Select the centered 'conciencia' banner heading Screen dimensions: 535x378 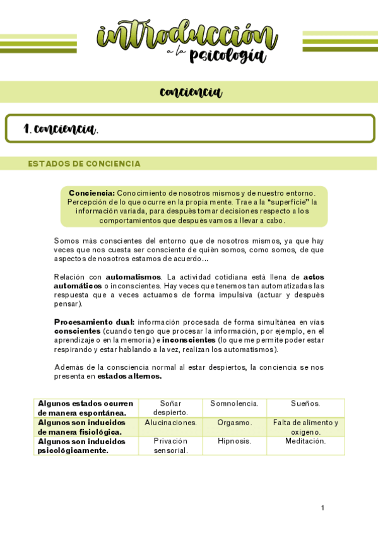[191, 92]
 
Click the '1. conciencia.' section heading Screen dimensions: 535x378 [61, 129]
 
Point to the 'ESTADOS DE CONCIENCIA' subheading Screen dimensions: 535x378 [84, 164]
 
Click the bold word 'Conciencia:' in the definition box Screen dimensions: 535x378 [92, 193]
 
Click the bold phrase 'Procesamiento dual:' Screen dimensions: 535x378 [94, 322]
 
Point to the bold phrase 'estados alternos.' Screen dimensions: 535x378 [129, 376]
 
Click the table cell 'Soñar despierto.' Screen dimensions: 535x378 [170, 408]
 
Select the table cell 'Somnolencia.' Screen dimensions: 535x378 [234, 403]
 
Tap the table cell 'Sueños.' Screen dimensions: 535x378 [305, 403]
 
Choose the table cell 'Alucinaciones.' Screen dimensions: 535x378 [170, 422]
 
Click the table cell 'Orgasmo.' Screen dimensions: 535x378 [234, 422]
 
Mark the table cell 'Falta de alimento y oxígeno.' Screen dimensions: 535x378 [305, 427]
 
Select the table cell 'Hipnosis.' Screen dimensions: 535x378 [234, 441]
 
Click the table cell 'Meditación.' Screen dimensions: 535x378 [305, 441]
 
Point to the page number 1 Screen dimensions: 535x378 [322, 508]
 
